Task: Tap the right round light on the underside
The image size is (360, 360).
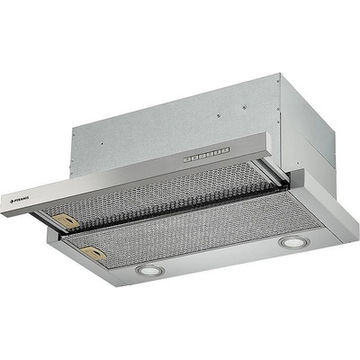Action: point(291,243)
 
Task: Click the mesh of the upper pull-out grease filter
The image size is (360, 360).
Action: point(153,198)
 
